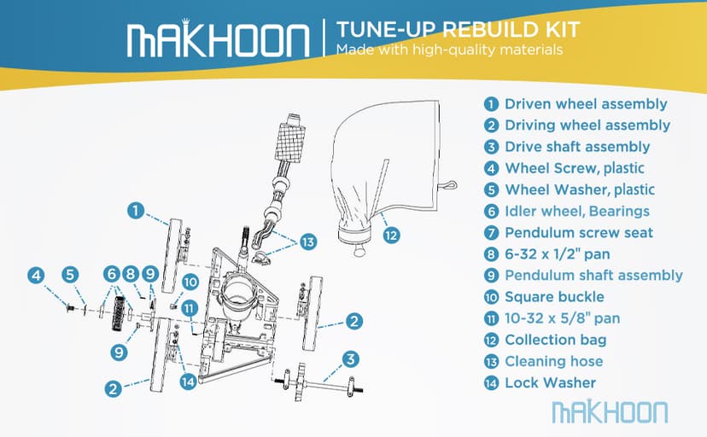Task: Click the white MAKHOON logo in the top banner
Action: click(x=218, y=39)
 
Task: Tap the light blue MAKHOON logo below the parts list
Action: click(x=610, y=411)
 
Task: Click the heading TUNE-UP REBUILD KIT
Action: click(x=458, y=29)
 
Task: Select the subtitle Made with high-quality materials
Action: click(x=449, y=50)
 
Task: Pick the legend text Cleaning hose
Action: click(x=553, y=361)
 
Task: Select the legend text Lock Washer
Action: click(x=550, y=382)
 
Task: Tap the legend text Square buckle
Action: click(x=554, y=297)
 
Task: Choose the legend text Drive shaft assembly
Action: click(x=577, y=147)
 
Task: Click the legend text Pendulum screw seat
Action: click(x=579, y=232)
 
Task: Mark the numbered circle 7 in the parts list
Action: click(x=491, y=232)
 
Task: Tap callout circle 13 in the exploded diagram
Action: click(x=307, y=242)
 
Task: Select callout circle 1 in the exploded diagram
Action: click(x=135, y=209)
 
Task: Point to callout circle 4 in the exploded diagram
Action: click(x=35, y=275)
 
